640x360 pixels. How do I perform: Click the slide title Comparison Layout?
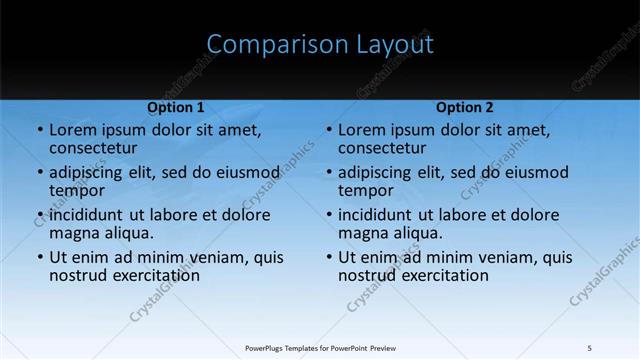[320, 45]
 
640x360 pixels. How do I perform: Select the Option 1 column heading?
[176, 107]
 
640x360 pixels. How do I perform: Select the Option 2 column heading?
[465, 107]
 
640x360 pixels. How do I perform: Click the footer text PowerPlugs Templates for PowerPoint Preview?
[320, 347]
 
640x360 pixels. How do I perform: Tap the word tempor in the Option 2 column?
[363, 190]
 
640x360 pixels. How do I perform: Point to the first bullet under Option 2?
[328, 130]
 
